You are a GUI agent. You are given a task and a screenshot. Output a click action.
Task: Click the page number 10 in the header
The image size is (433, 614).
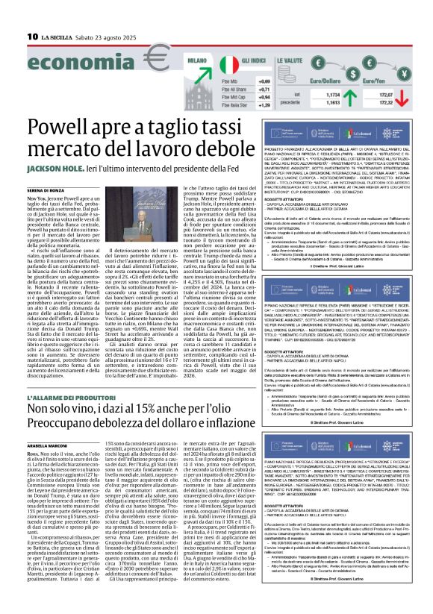point(32,35)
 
